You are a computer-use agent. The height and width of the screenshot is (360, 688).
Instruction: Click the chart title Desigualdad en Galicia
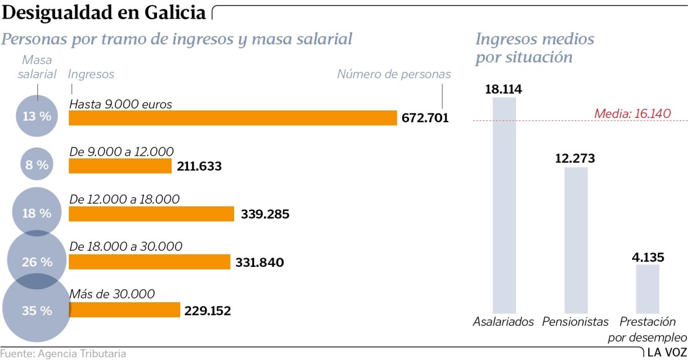(x=104, y=12)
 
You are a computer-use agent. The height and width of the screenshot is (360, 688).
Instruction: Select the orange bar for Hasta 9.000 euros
(x=232, y=118)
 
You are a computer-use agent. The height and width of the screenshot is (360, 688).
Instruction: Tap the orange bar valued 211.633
(x=120, y=166)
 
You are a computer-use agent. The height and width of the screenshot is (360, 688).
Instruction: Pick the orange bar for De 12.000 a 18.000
(x=152, y=214)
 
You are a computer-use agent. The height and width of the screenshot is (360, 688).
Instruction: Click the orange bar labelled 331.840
(x=149, y=262)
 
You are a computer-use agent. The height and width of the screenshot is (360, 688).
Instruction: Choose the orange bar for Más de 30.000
(x=124, y=310)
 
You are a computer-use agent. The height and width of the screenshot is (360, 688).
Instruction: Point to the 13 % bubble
(x=37, y=116)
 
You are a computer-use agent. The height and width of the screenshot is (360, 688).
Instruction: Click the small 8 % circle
(x=37, y=166)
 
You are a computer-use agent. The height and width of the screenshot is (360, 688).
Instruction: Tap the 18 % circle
(x=37, y=213)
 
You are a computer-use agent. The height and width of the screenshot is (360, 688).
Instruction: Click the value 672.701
(x=425, y=119)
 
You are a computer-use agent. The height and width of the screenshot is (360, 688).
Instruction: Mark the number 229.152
(x=207, y=310)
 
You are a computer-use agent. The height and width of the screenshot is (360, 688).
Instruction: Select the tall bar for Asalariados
(x=504, y=205)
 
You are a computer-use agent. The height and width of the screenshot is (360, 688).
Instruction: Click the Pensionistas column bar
(x=576, y=239)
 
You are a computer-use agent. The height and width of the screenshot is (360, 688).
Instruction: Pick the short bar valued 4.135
(x=647, y=288)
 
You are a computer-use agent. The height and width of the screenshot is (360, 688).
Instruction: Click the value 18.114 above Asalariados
(x=504, y=89)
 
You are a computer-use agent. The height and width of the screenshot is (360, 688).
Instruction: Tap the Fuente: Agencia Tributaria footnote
(x=63, y=354)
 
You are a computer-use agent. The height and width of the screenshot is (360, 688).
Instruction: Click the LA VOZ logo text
(x=666, y=353)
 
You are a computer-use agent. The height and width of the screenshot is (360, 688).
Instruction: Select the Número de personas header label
(x=394, y=74)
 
